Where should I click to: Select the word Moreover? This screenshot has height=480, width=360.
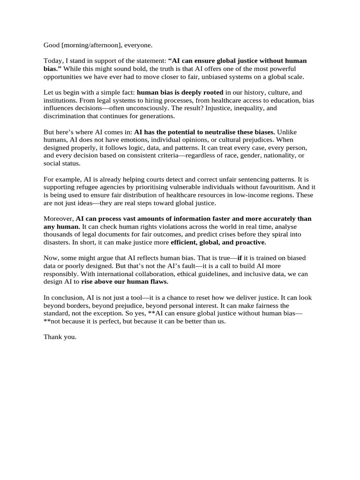[x=59, y=219]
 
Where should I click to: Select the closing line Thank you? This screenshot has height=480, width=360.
[x=60, y=337]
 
